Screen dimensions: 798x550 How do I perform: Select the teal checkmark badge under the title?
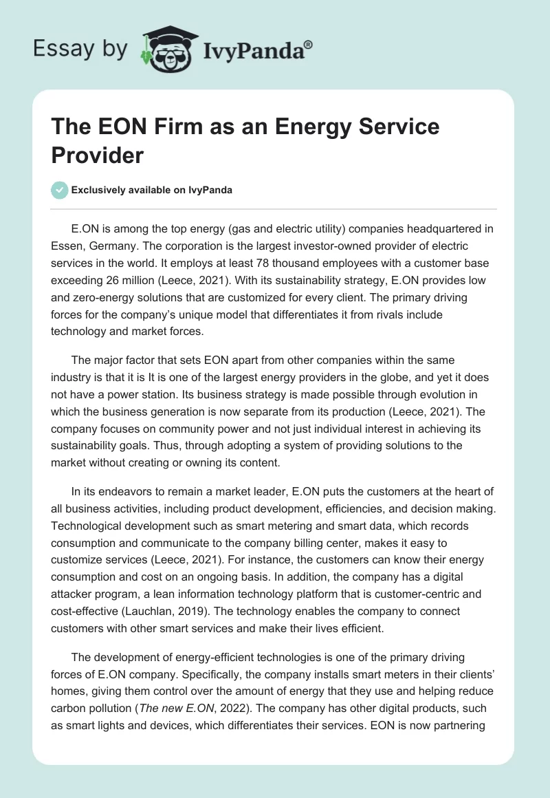pyautogui.click(x=59, y=190)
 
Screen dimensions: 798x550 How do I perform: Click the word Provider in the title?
pyautogui.click(x=97, y=155)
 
